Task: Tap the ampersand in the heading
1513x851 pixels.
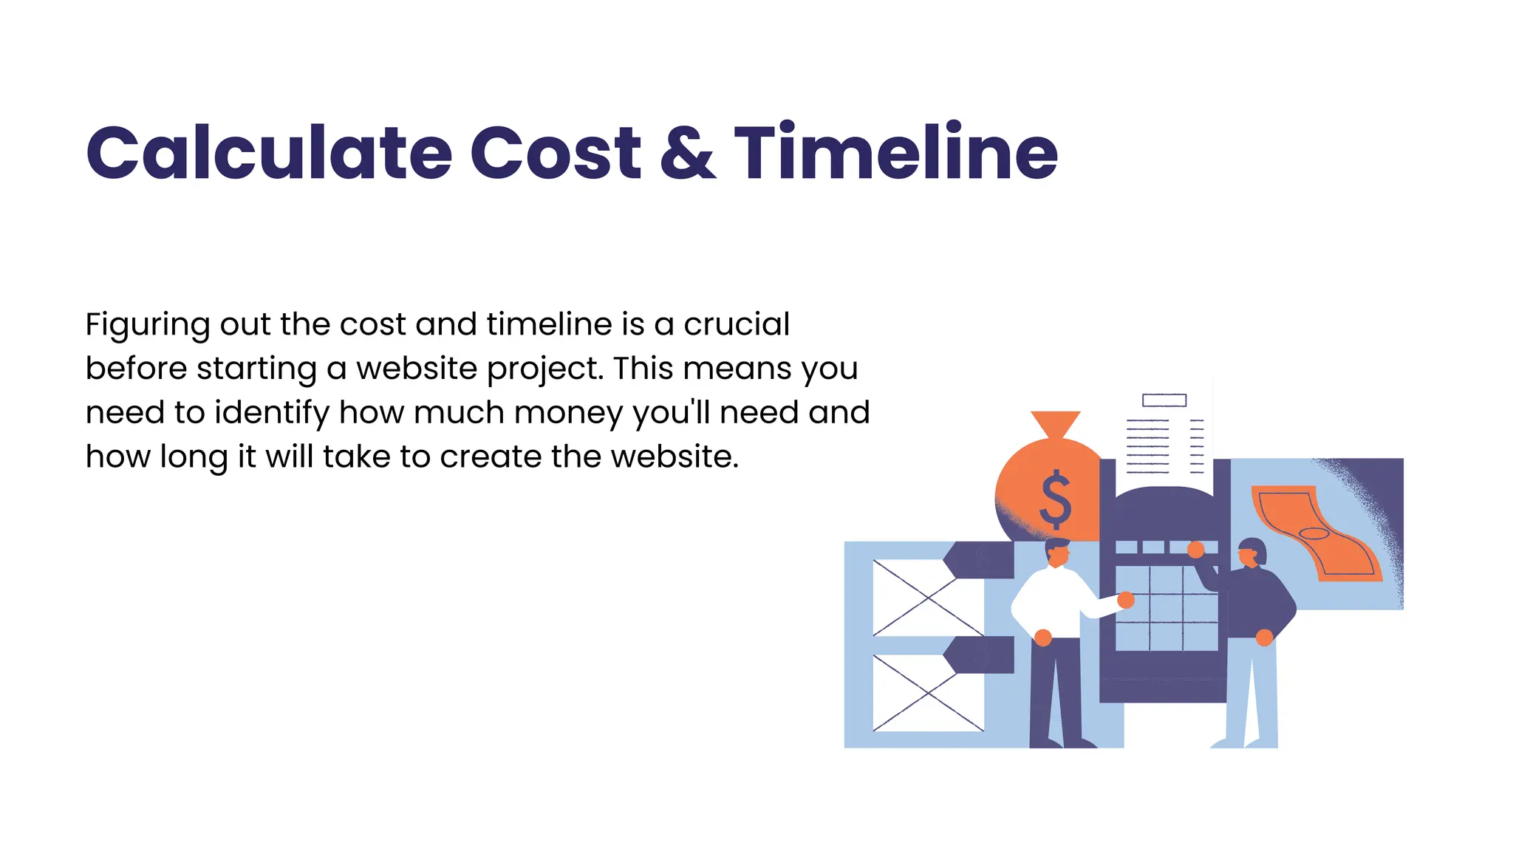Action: tap(687, 153)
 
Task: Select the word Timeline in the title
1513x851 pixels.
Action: tap(895, 153)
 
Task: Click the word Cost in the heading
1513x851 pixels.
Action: tap(556, 153)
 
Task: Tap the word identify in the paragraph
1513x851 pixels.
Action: tap(271, 413)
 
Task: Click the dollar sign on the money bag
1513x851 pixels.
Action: tap(1055, 499)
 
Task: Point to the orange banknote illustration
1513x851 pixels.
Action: tap(1315, 532)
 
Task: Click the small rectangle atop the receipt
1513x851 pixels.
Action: tap(1164, 400)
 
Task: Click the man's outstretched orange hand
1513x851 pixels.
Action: tap(1126, 600)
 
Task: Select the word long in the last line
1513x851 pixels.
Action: tap(194, 458)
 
